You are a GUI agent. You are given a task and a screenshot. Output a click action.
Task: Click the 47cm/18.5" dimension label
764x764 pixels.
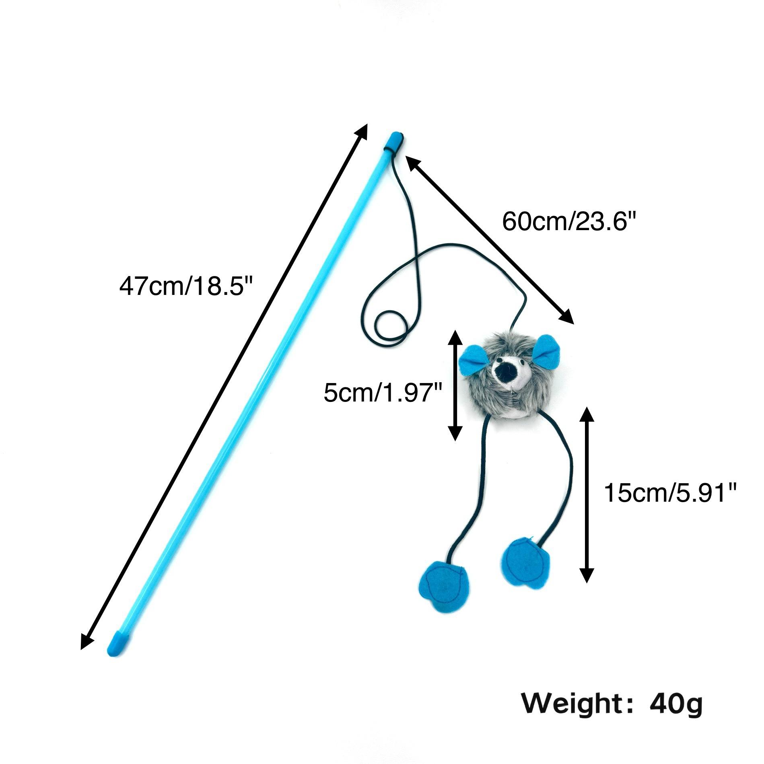[185, 286]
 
